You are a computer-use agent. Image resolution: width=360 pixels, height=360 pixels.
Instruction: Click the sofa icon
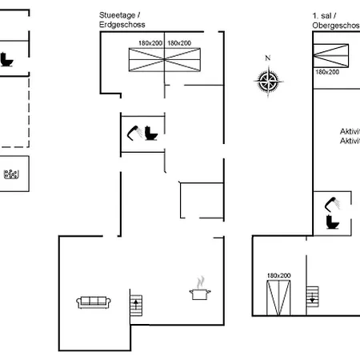click(94, 302)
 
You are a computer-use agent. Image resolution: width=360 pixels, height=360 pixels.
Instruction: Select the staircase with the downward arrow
click(316, 296)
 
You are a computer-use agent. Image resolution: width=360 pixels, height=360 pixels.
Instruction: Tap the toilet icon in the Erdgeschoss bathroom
click(151, 134)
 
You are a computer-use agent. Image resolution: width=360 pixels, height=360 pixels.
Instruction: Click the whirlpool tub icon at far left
click(11, 175)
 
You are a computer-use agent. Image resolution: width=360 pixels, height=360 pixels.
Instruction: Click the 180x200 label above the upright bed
click(278, 275)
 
